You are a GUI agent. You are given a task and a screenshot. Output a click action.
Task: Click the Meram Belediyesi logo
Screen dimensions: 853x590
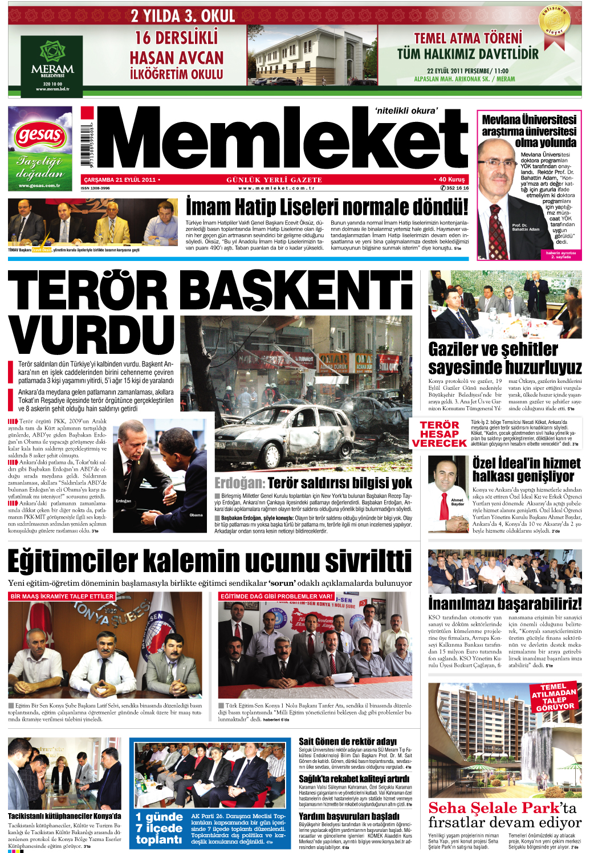pyautogui.click(x=52, y=63)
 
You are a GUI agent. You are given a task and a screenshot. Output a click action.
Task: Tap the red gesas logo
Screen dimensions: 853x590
pyautogui.click(x=39, y=136)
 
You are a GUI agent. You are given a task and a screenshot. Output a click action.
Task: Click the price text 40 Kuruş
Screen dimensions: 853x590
pyautogui.click(x=450, y=179)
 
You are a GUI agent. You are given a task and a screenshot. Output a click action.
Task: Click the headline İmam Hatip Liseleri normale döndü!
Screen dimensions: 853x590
pyautogui.click(x=327, y=207)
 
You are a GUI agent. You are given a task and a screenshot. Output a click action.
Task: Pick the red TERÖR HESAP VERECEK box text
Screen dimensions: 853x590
pyautogui.click(x=439, y=434)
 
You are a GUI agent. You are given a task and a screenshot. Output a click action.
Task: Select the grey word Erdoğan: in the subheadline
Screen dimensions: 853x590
pyautogui.click(x=239, y=483)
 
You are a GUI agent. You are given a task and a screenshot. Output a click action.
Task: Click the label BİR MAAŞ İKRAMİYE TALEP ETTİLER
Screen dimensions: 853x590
pyautogui.click(x=62, y=596)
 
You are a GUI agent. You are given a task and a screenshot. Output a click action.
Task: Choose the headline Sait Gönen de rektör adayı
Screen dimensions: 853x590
pyautogui.click(x=347, y=741)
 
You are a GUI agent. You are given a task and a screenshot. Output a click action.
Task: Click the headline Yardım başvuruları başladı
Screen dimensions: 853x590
pyautogui.click(x=349, y=816)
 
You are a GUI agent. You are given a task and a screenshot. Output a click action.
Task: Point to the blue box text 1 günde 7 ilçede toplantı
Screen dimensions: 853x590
pyautogui.click(x=159, y=828)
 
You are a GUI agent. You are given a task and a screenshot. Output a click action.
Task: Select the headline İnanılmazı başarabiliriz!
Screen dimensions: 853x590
pyautogui.click(x=504, y=603)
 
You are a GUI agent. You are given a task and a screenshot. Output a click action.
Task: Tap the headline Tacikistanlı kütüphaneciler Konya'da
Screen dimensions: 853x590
pyautogui.click(x=64, y=816)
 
